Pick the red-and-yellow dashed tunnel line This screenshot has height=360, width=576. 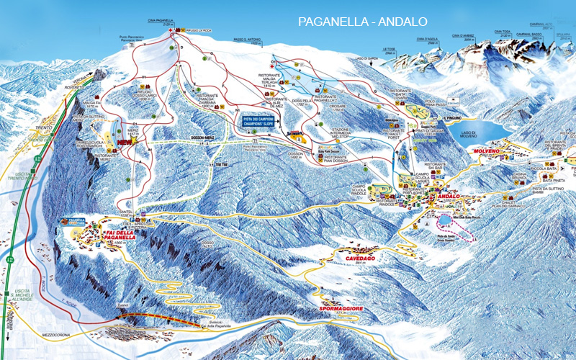pos(155,320)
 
